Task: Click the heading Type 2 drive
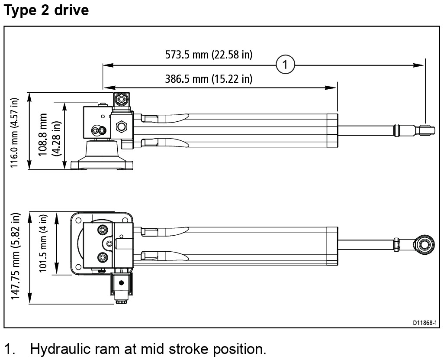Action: pos(46,10)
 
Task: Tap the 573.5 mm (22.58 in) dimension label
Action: pos(209,55)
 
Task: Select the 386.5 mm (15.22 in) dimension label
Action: pos(209,79)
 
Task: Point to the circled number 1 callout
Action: pos(285,65)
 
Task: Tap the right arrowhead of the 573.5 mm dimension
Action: pos(419,65)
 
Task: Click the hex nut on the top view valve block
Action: pos(121,127)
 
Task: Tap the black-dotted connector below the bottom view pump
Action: pos(121,283)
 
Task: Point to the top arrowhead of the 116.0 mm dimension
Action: pos(30,96)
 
